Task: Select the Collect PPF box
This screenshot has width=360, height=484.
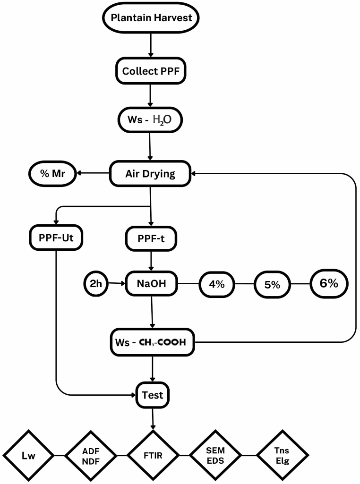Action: coord(150,72)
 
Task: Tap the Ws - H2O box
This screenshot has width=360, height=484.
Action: coord(150,120)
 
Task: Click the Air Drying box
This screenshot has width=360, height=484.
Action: coord(150,173)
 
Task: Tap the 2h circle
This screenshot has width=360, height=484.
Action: coord(96,284)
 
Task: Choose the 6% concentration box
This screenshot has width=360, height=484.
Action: coord(329,284)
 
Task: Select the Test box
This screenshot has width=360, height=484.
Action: coord(152,395)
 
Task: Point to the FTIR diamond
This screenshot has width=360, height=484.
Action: coord(153,456)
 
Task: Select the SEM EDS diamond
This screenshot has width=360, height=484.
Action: coord(215,456)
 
